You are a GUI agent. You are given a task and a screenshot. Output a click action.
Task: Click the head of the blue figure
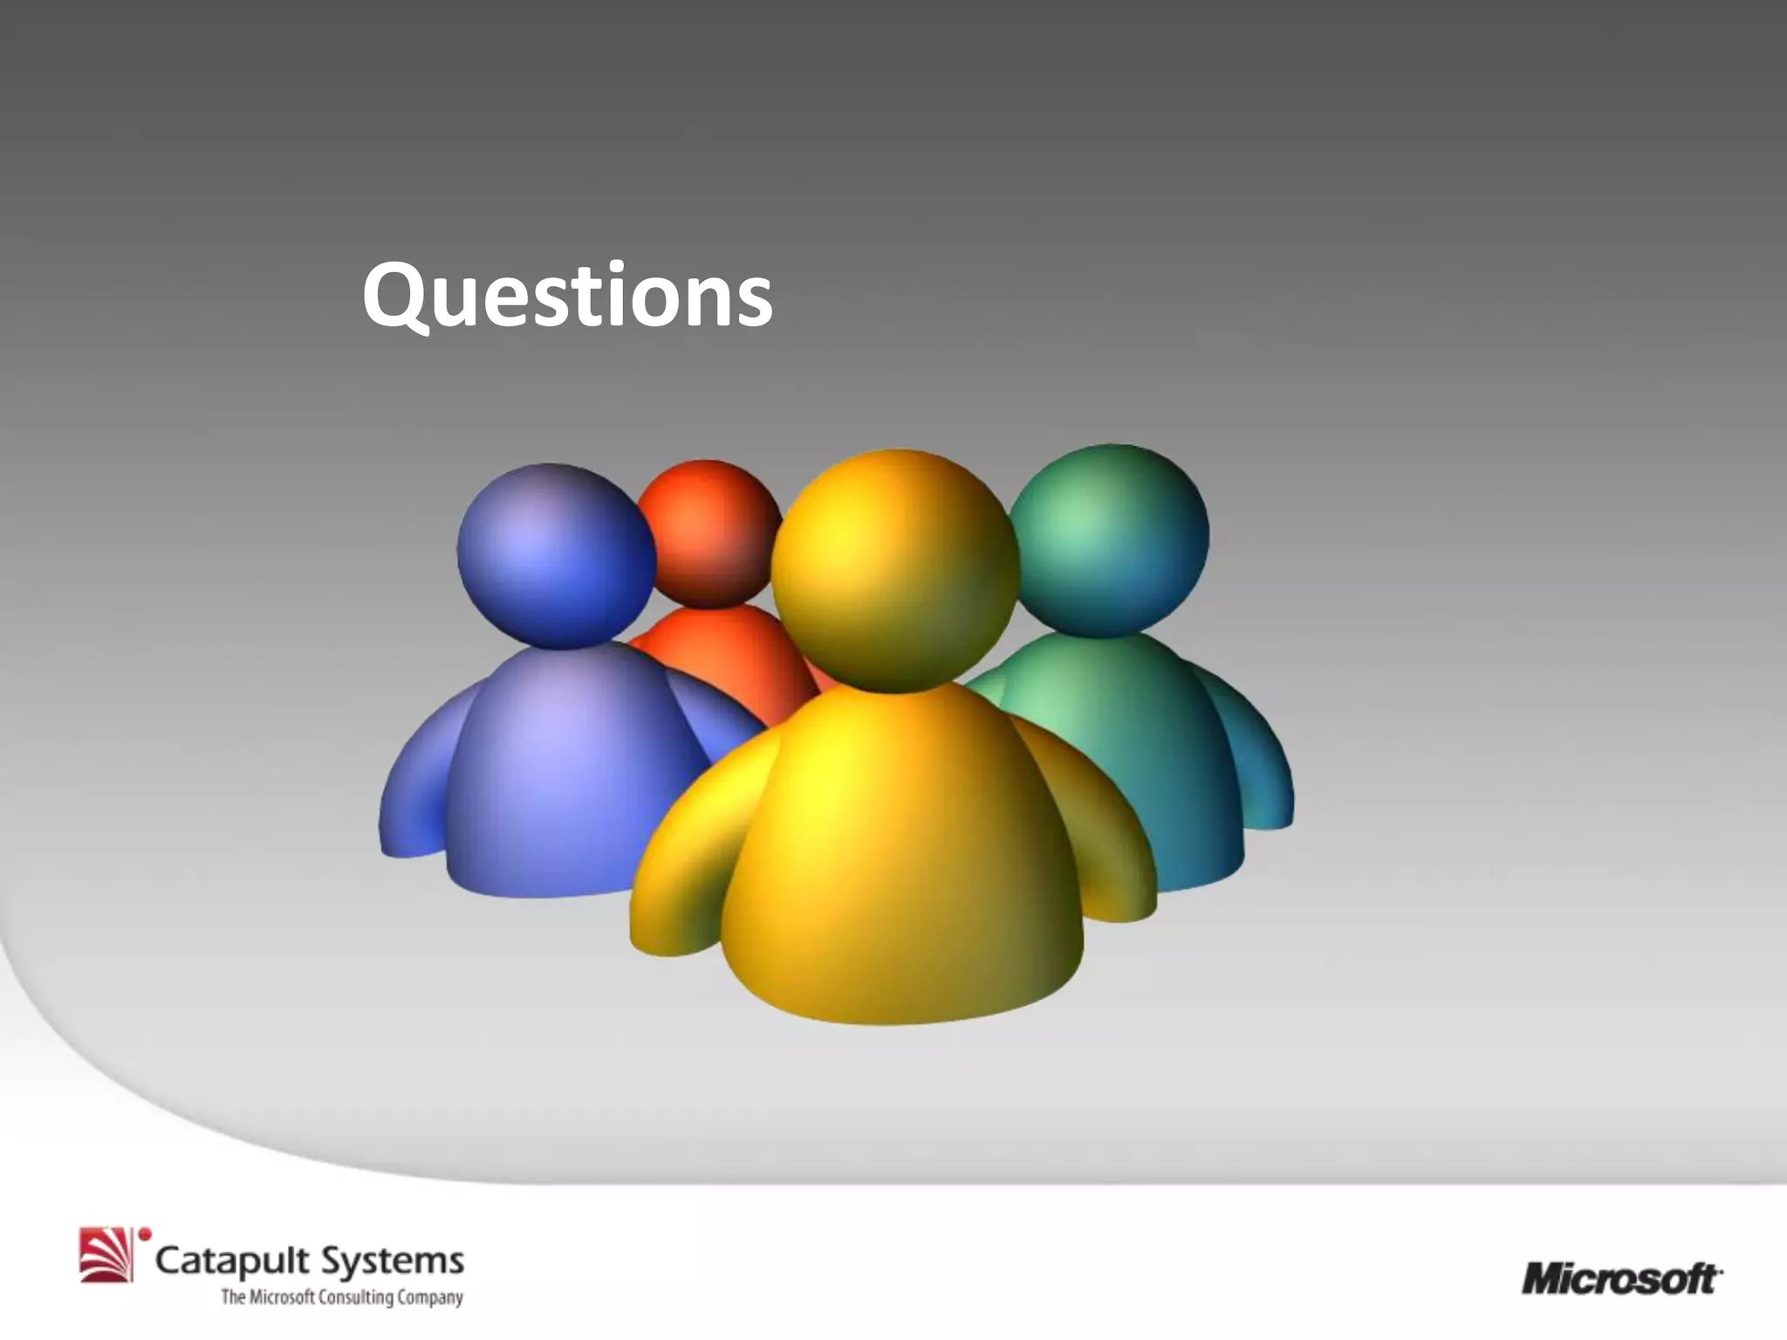[x=556, y=555]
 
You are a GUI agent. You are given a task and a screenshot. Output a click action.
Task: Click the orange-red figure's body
[x=724, y=654]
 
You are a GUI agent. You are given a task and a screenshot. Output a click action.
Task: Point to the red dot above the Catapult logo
[x=146, y=1234]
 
